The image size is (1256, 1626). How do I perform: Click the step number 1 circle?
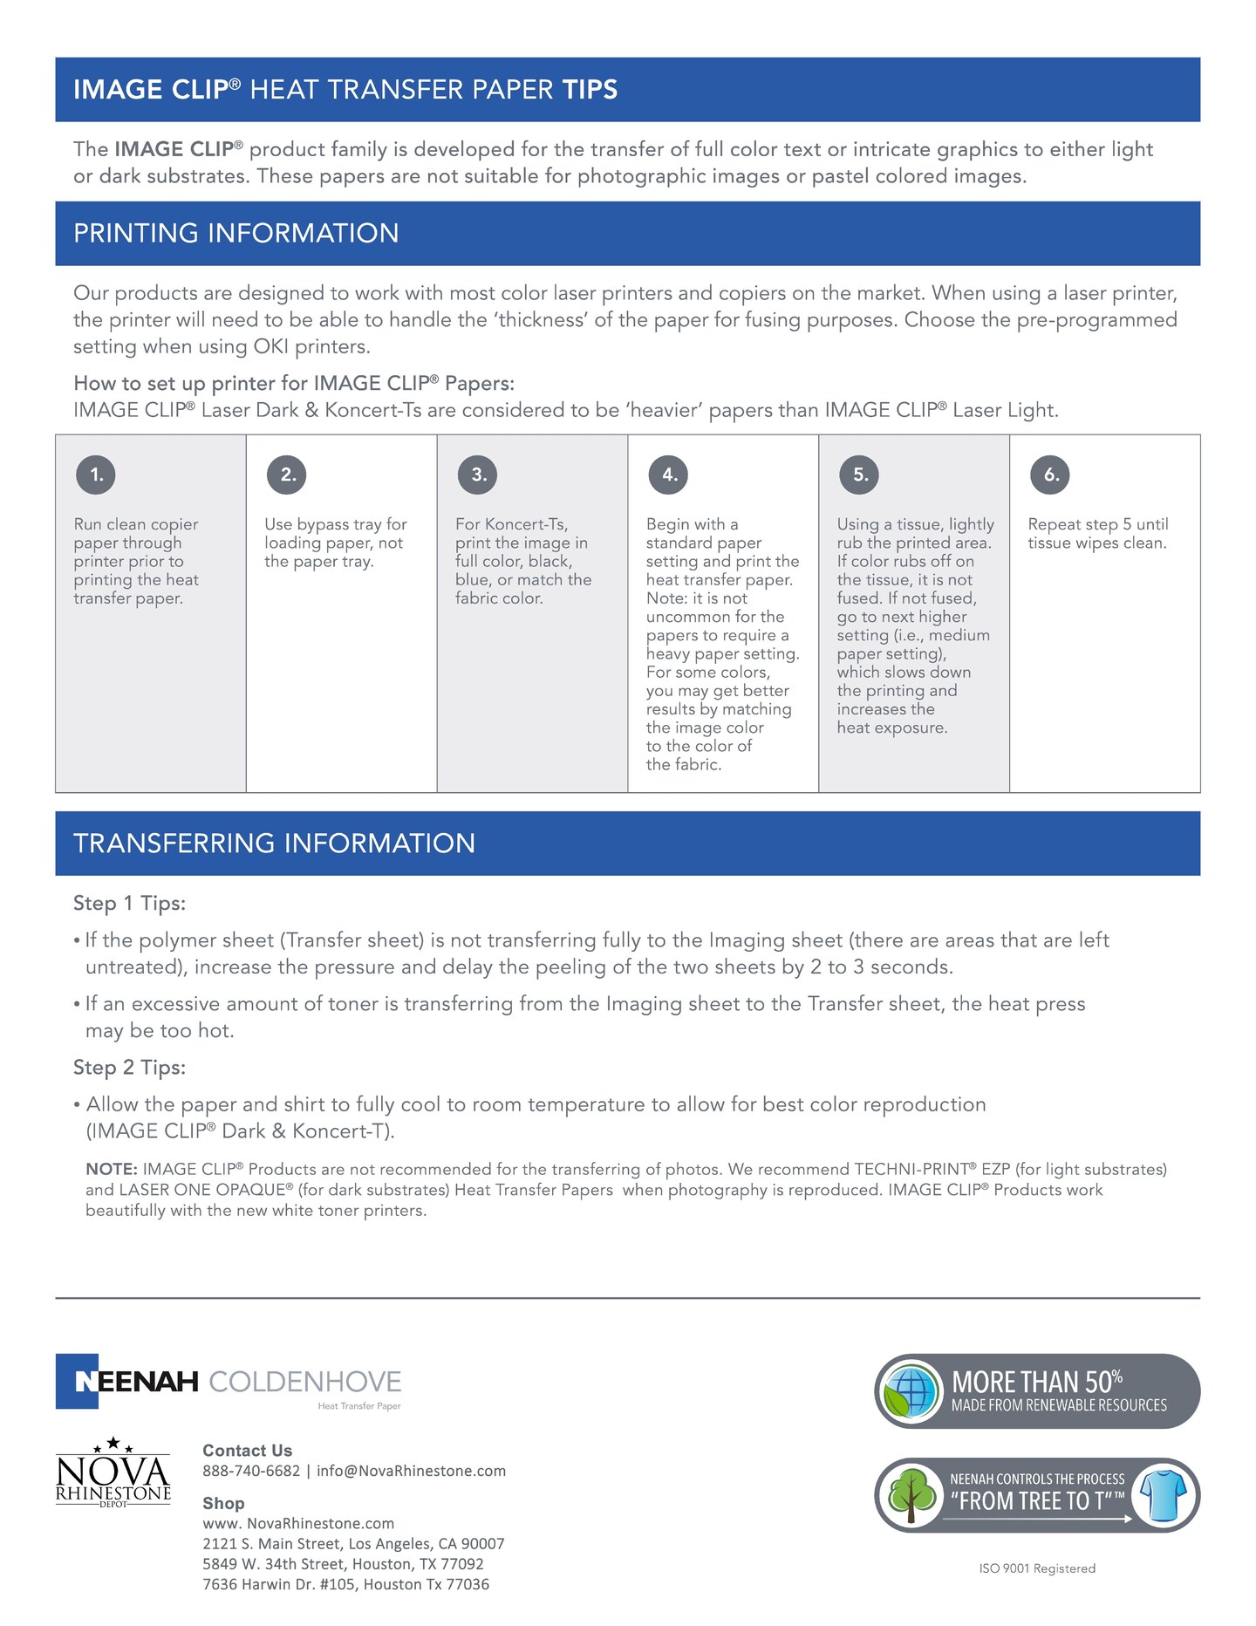click(x=96, y=475)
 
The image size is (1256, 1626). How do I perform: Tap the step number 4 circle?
click(x=669, y=475)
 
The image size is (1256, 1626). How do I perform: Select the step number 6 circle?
click(x=1051, y=475)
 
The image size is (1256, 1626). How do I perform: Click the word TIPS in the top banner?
click(x=590, y=90)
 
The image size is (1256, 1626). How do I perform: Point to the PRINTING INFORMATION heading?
click(x=235, y=234)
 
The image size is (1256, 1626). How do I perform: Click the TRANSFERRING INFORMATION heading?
click(x=274, y=844)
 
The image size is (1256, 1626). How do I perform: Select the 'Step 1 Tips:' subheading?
click(x=129, y=904)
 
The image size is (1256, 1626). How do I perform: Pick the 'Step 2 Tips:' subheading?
click(x=129, y=1068)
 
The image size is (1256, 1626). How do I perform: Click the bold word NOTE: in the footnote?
click(x=112, y=1170)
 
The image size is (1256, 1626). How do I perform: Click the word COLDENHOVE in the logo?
click(x=305, y=1382)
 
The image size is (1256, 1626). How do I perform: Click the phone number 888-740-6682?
click(x=251, y=1472)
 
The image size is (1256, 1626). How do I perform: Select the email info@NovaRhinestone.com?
click(x=411, y=1472)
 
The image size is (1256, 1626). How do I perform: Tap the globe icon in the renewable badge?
click(x=911, y=1391)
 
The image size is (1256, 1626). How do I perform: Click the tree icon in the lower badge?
click(x=912, y=1495)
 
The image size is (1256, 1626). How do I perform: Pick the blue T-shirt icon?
click(x=1164, y=1495)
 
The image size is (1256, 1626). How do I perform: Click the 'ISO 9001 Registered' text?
click(x=1037, y=1568)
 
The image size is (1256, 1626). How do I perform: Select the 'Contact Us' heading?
click(x=247, y=1451)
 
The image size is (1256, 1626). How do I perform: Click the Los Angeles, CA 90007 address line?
click(x=353, y=1544)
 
